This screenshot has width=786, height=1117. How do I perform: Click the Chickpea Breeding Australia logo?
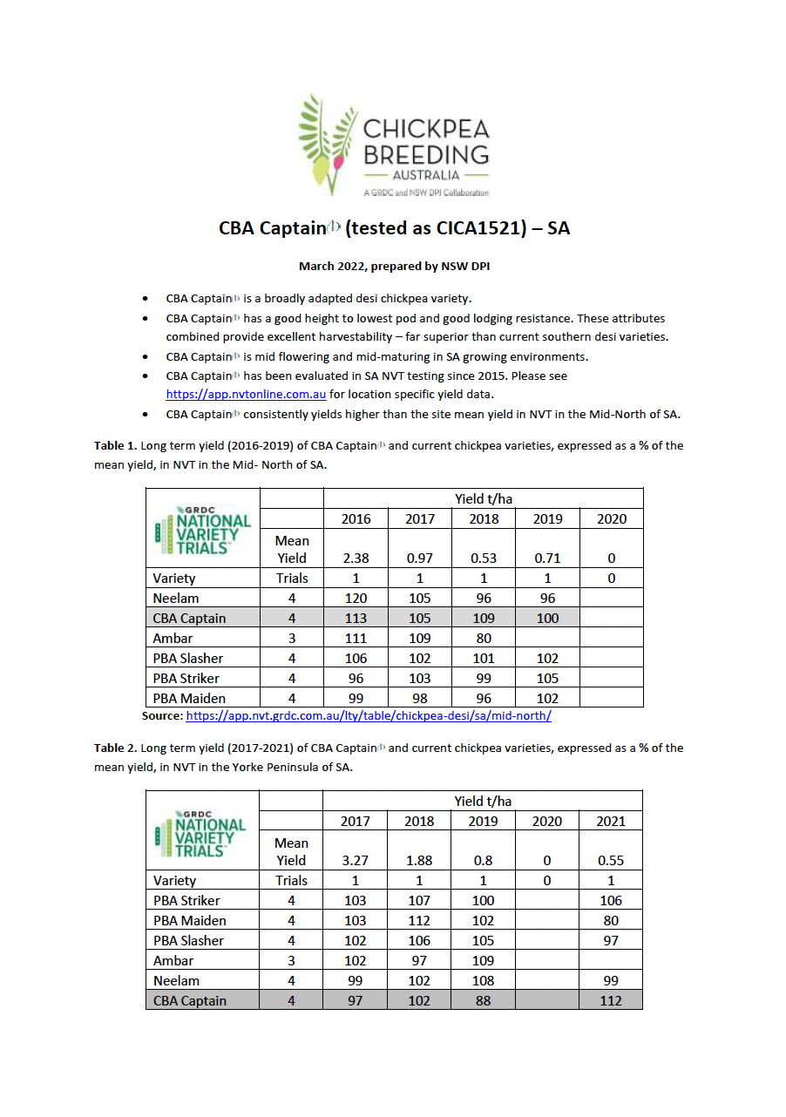(x=393, y=145)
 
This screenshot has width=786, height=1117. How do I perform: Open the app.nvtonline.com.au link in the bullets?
(x=246, y=395)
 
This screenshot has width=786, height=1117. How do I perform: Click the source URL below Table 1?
(x=369, y=716)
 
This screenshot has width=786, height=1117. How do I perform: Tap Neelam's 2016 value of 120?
(x=356, y=599)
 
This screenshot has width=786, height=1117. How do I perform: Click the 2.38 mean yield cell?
(x=356, y=558)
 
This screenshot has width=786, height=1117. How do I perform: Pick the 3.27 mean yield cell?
(x=355, y=861)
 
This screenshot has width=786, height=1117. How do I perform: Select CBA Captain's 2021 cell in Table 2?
(x=611, y=1001)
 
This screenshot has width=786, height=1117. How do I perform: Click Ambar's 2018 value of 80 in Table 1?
(x=484, y=639)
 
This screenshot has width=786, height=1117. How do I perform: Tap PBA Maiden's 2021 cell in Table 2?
(x=611, y=921)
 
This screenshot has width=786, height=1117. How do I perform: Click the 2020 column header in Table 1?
(x=611, y=519)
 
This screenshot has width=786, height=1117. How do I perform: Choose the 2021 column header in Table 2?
(x=611, y=822)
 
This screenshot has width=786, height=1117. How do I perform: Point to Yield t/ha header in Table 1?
(x=484, y=499)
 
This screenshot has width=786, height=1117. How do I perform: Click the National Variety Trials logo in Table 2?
(x=202, y=832)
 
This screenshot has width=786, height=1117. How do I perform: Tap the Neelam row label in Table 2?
(x=176, y=981)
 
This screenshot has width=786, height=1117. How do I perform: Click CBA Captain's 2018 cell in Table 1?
(x=484, y=619)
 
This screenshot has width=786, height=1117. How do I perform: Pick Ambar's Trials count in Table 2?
(x=291, y=961)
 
